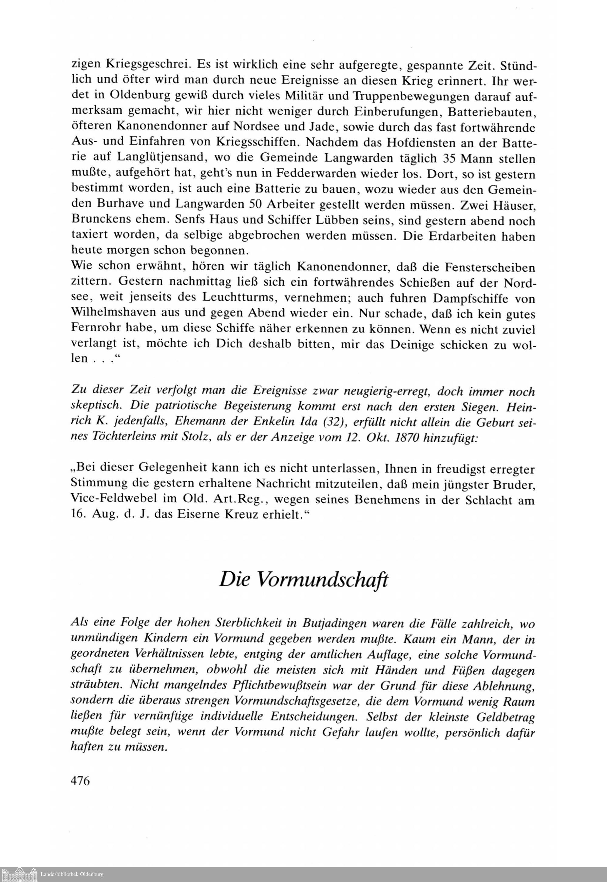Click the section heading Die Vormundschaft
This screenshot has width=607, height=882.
click(x=303, y=580)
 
